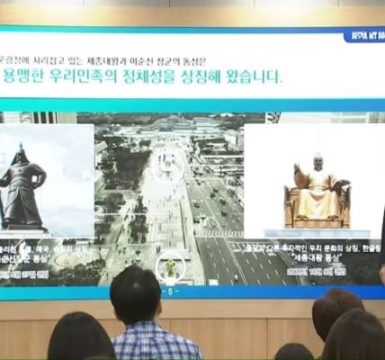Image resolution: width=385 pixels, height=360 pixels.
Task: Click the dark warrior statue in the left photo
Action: coord(22,189)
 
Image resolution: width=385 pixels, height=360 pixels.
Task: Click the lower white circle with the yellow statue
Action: coord(170,266)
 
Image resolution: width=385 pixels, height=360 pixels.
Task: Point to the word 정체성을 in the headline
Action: coord(161,76)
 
